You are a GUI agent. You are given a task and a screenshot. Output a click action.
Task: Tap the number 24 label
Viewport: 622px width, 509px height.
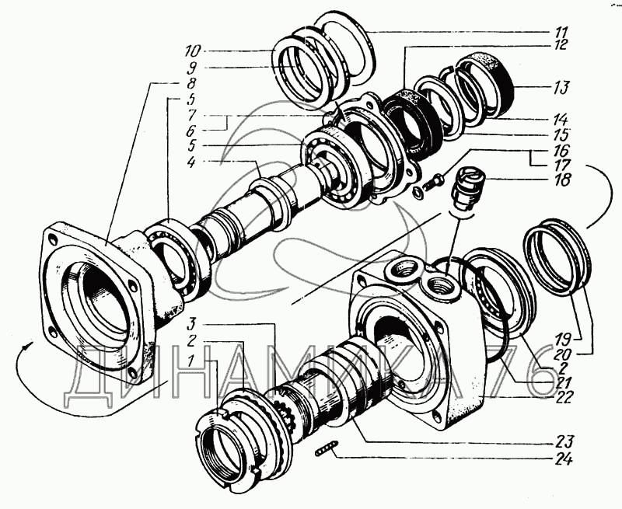click(x=564, y=459)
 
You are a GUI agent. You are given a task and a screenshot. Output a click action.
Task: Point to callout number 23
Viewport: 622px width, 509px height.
click(x=564, y=441)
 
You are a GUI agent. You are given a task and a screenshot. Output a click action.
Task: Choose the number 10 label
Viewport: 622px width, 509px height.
click(x=193, y=51)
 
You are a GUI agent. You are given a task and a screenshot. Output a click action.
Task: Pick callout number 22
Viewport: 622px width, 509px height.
click(x=562, y=398)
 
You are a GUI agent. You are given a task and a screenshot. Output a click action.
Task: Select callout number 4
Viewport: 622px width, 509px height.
click(x=191, y=162)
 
